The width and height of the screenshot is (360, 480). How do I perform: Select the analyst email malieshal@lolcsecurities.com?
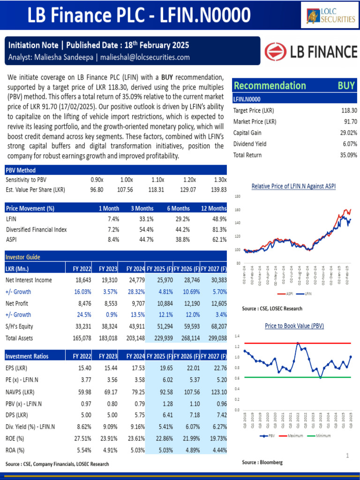pos(145,57)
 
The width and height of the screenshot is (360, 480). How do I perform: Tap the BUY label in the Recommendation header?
pos(346,85)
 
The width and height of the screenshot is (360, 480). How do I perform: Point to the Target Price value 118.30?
pos(349,111)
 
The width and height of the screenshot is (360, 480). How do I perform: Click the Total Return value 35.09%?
pos(349,155)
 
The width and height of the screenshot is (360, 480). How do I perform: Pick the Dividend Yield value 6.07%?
pos(350,144)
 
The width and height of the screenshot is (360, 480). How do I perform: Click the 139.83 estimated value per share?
pos(218,190)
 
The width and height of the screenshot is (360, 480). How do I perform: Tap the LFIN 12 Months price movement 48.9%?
pos(219,219)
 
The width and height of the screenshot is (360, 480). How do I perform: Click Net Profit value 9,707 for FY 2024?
pos(135,303)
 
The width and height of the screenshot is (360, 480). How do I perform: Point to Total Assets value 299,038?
pos(217,338)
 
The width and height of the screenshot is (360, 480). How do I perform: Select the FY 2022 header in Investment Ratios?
pos(82,356)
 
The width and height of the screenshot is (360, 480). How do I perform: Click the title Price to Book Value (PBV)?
pos(294,326)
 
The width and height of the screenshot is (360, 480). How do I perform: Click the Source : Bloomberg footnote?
pos(262,463)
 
